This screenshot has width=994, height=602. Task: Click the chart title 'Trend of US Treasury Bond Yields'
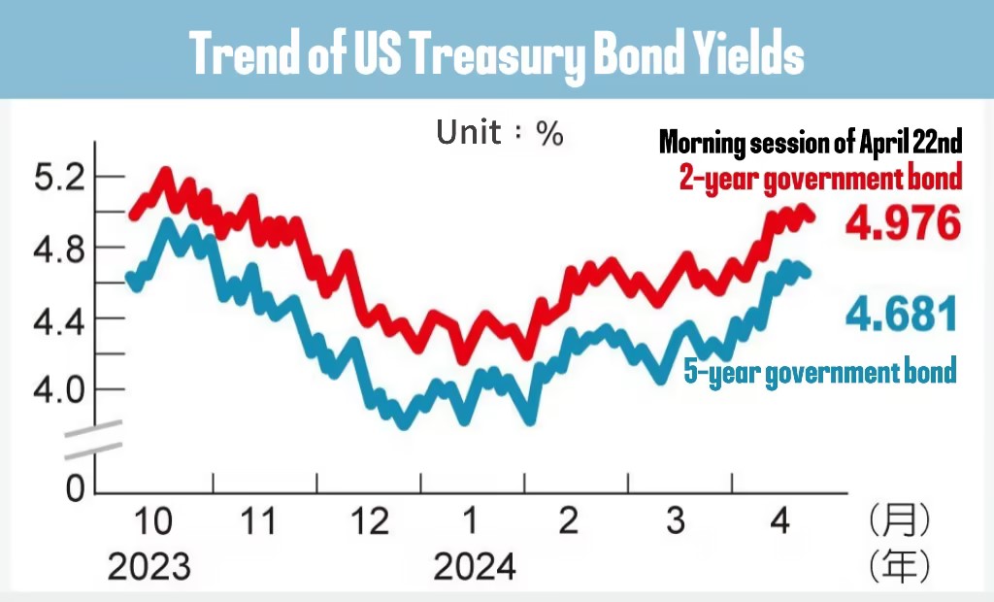pyautogui.click(x=497, y=55)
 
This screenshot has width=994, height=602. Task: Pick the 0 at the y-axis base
pyautogui.click(x=75, y=488)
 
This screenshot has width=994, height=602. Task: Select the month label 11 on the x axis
pyautogui.click(x=258, y=521)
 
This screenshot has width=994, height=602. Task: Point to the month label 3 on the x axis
pyautogui.click(x=676, y=521)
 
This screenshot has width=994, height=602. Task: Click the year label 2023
pyautogui.click(x=149, y=565)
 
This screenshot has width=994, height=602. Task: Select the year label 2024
pyautogui.click(x=475, y=565)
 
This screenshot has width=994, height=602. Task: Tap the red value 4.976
pyautogui.click(x=903, y=224)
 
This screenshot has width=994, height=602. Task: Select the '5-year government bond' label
pyautogui.click(x=820, y=370)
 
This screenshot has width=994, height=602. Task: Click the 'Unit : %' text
pyautogui.click(x=500, y=133)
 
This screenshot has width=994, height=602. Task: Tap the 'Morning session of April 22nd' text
pyautogui.click(x=811, y=144)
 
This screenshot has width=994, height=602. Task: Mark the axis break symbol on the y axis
pyautogui.click(x=94, y=439)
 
